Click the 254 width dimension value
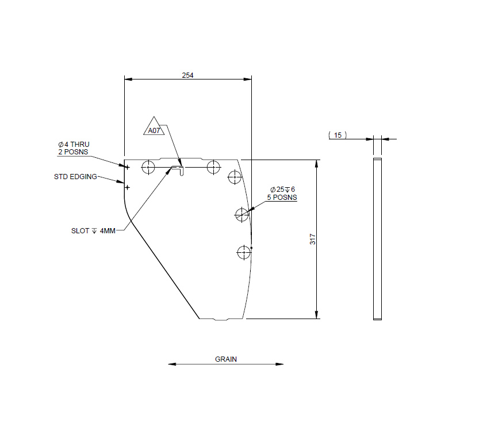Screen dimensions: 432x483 187,75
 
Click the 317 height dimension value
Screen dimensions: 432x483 313,239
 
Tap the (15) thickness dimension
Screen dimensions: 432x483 338,135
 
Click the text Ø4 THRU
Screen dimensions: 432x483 74,144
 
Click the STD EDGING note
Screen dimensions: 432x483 75,176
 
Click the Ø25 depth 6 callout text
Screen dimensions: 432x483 282,190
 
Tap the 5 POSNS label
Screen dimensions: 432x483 282,198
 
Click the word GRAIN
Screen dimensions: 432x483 226,359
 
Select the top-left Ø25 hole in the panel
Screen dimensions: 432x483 149,168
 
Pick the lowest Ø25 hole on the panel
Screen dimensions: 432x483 244,252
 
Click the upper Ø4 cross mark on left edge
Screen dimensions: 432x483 128,167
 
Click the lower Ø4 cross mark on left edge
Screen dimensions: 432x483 128,187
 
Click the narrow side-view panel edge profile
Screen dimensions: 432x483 377,238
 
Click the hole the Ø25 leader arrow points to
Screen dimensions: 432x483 241,215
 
